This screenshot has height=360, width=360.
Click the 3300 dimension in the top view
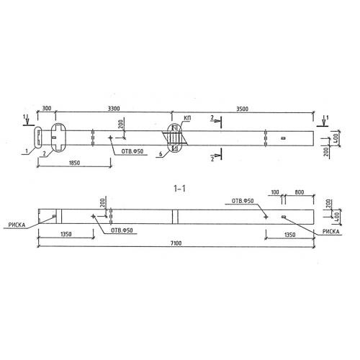tap(114, 109)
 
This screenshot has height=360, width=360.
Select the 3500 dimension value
tap(242, 109)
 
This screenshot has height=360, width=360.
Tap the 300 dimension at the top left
tap(47, 108)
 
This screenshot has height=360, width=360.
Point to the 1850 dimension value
tap(74, 163)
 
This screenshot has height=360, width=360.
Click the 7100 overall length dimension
tap(176, 243)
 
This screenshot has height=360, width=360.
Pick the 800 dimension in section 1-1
tap(300, 192)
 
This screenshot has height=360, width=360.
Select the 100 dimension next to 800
tap(275, 192)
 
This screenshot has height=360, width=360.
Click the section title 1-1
tap(179, 189)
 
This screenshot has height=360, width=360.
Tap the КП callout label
tap(187, 118)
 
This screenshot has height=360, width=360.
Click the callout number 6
tap(161, 154)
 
